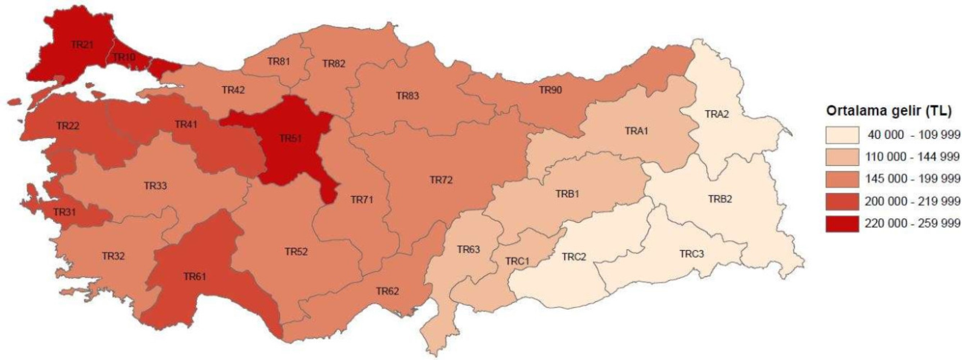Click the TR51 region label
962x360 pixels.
pos(290,139)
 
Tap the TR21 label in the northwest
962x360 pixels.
pos(82,45)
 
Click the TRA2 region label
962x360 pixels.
pos(717,114)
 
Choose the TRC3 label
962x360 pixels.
pos(692,254)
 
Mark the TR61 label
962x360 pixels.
pos(195,276)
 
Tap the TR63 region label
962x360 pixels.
pos(468,249)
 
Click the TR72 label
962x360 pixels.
pos(441,180)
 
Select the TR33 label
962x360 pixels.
pos(155,186)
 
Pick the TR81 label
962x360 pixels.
pos(278,62)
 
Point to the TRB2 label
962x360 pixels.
pos(720,199)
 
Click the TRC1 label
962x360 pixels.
pos(517,261)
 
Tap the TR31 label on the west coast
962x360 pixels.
pos(64,212)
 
